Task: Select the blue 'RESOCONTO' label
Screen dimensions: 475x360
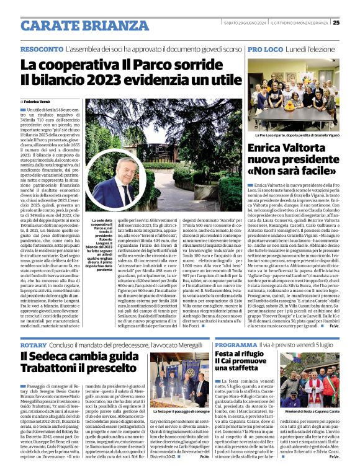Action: pyautogui.click(x=41, y=48)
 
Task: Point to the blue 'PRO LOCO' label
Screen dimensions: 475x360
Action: pyautogui.click(x=265, y=48)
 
